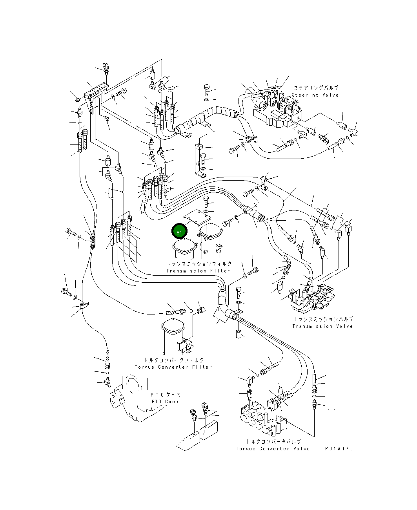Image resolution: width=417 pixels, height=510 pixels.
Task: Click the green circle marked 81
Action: pyautogui.click(x=179, y=232)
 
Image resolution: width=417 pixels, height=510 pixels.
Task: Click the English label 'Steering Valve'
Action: pyautogui.click(x=315, y=95)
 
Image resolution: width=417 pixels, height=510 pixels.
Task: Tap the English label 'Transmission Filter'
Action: pyautogui.click(x=198, y=271)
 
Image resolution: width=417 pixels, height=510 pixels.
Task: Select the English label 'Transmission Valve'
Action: pyautogui.click(x=322, y=326)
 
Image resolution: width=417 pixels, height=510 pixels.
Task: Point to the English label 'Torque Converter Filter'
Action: pyautogui.click(x=173, y=367)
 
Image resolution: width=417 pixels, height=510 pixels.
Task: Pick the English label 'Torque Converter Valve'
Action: pyautogui.click(x=273, y=449)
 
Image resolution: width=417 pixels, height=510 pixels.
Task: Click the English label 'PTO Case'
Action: pyautogui.click(x=165, y=402)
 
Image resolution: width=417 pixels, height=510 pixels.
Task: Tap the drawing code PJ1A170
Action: pyautogui.click(x=339, y=449)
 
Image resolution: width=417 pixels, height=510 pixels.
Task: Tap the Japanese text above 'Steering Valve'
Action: pyautogui.click(x=315, y=88)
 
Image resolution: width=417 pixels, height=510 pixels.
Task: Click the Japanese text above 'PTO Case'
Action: pyautogui.click(x=165, y=395)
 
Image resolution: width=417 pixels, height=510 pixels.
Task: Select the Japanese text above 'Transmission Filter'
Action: pyautogui.click(x=198, y=264)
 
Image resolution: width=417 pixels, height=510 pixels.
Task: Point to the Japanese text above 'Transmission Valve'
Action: pyautogui.click(x=323, y=319)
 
